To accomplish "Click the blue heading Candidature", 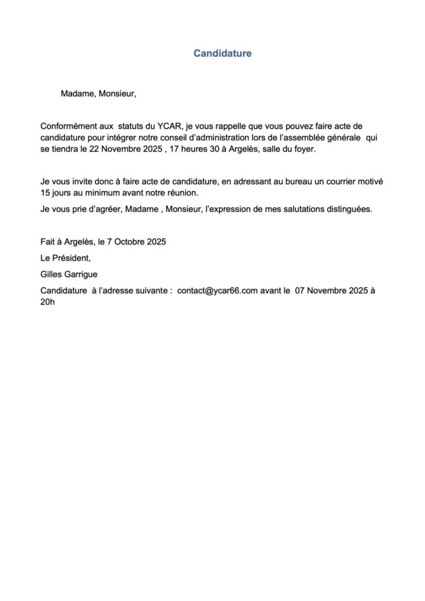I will click(x=222, y=53).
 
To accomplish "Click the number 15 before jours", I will click(x=45, y=193).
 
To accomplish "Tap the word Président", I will click(x=71, y=258).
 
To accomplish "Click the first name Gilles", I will click(x=51, y=274).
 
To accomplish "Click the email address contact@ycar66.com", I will click(x=218, y=291).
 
